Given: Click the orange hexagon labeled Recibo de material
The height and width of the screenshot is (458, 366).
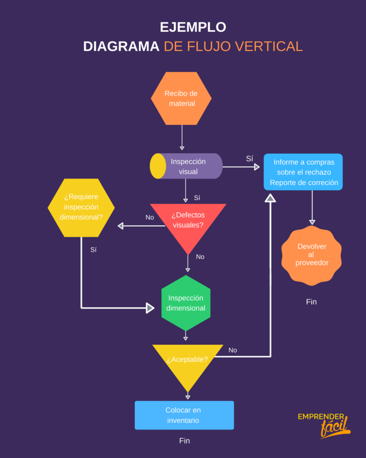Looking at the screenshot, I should point(181,98).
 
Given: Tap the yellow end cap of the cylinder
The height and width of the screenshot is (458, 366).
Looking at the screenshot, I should point(158,166).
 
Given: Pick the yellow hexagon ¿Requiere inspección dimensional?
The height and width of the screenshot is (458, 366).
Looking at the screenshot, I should point(81,208).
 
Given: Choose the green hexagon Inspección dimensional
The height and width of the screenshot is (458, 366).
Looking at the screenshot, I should point(186,303).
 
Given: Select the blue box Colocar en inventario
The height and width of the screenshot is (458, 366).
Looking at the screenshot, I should point(184,415).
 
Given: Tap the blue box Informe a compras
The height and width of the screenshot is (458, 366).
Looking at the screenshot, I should point(303,172).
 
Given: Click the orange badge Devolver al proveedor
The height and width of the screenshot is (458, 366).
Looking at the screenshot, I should point(312,255).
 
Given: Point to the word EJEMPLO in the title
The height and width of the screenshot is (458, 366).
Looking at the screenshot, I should point(193,27).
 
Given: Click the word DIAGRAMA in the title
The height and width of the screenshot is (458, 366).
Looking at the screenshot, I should point(121,46).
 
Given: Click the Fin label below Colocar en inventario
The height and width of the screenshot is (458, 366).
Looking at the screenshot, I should point(184,441).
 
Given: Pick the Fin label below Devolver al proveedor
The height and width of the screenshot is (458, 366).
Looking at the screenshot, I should point(311,302).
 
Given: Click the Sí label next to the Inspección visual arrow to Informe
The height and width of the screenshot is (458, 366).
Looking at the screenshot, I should point(249,159).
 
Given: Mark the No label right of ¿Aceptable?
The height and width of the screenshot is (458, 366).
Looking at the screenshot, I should point(233,350).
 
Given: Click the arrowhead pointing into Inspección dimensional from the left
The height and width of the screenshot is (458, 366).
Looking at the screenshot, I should point(150,308).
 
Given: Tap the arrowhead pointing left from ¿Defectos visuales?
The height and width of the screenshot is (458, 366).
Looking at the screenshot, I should point(121,226).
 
